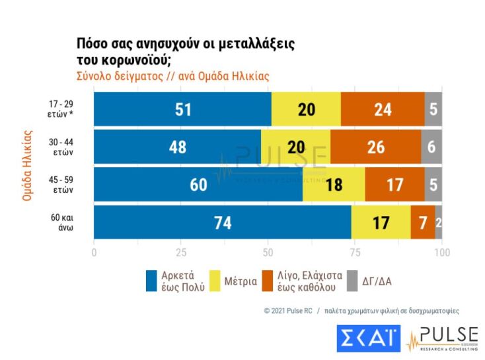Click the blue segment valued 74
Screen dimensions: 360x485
pos(223,223)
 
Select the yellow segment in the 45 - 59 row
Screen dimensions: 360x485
pos(334,184)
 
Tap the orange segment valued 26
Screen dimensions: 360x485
pos(375,147)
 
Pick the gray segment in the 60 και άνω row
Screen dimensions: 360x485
pos(438,223)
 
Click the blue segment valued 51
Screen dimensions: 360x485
pos(182,109)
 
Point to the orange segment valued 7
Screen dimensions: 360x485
pos(423,223)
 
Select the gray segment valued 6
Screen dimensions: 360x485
pos(431,147)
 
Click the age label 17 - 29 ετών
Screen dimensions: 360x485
pos(63,109)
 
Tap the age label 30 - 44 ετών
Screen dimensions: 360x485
pos(63,147)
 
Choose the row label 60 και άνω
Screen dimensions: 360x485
pos(63,223)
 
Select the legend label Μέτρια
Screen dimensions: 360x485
pos(241,281)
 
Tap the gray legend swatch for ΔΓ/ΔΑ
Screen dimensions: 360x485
pos(352,281)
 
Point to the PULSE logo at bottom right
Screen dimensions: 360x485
pos(443,338)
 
